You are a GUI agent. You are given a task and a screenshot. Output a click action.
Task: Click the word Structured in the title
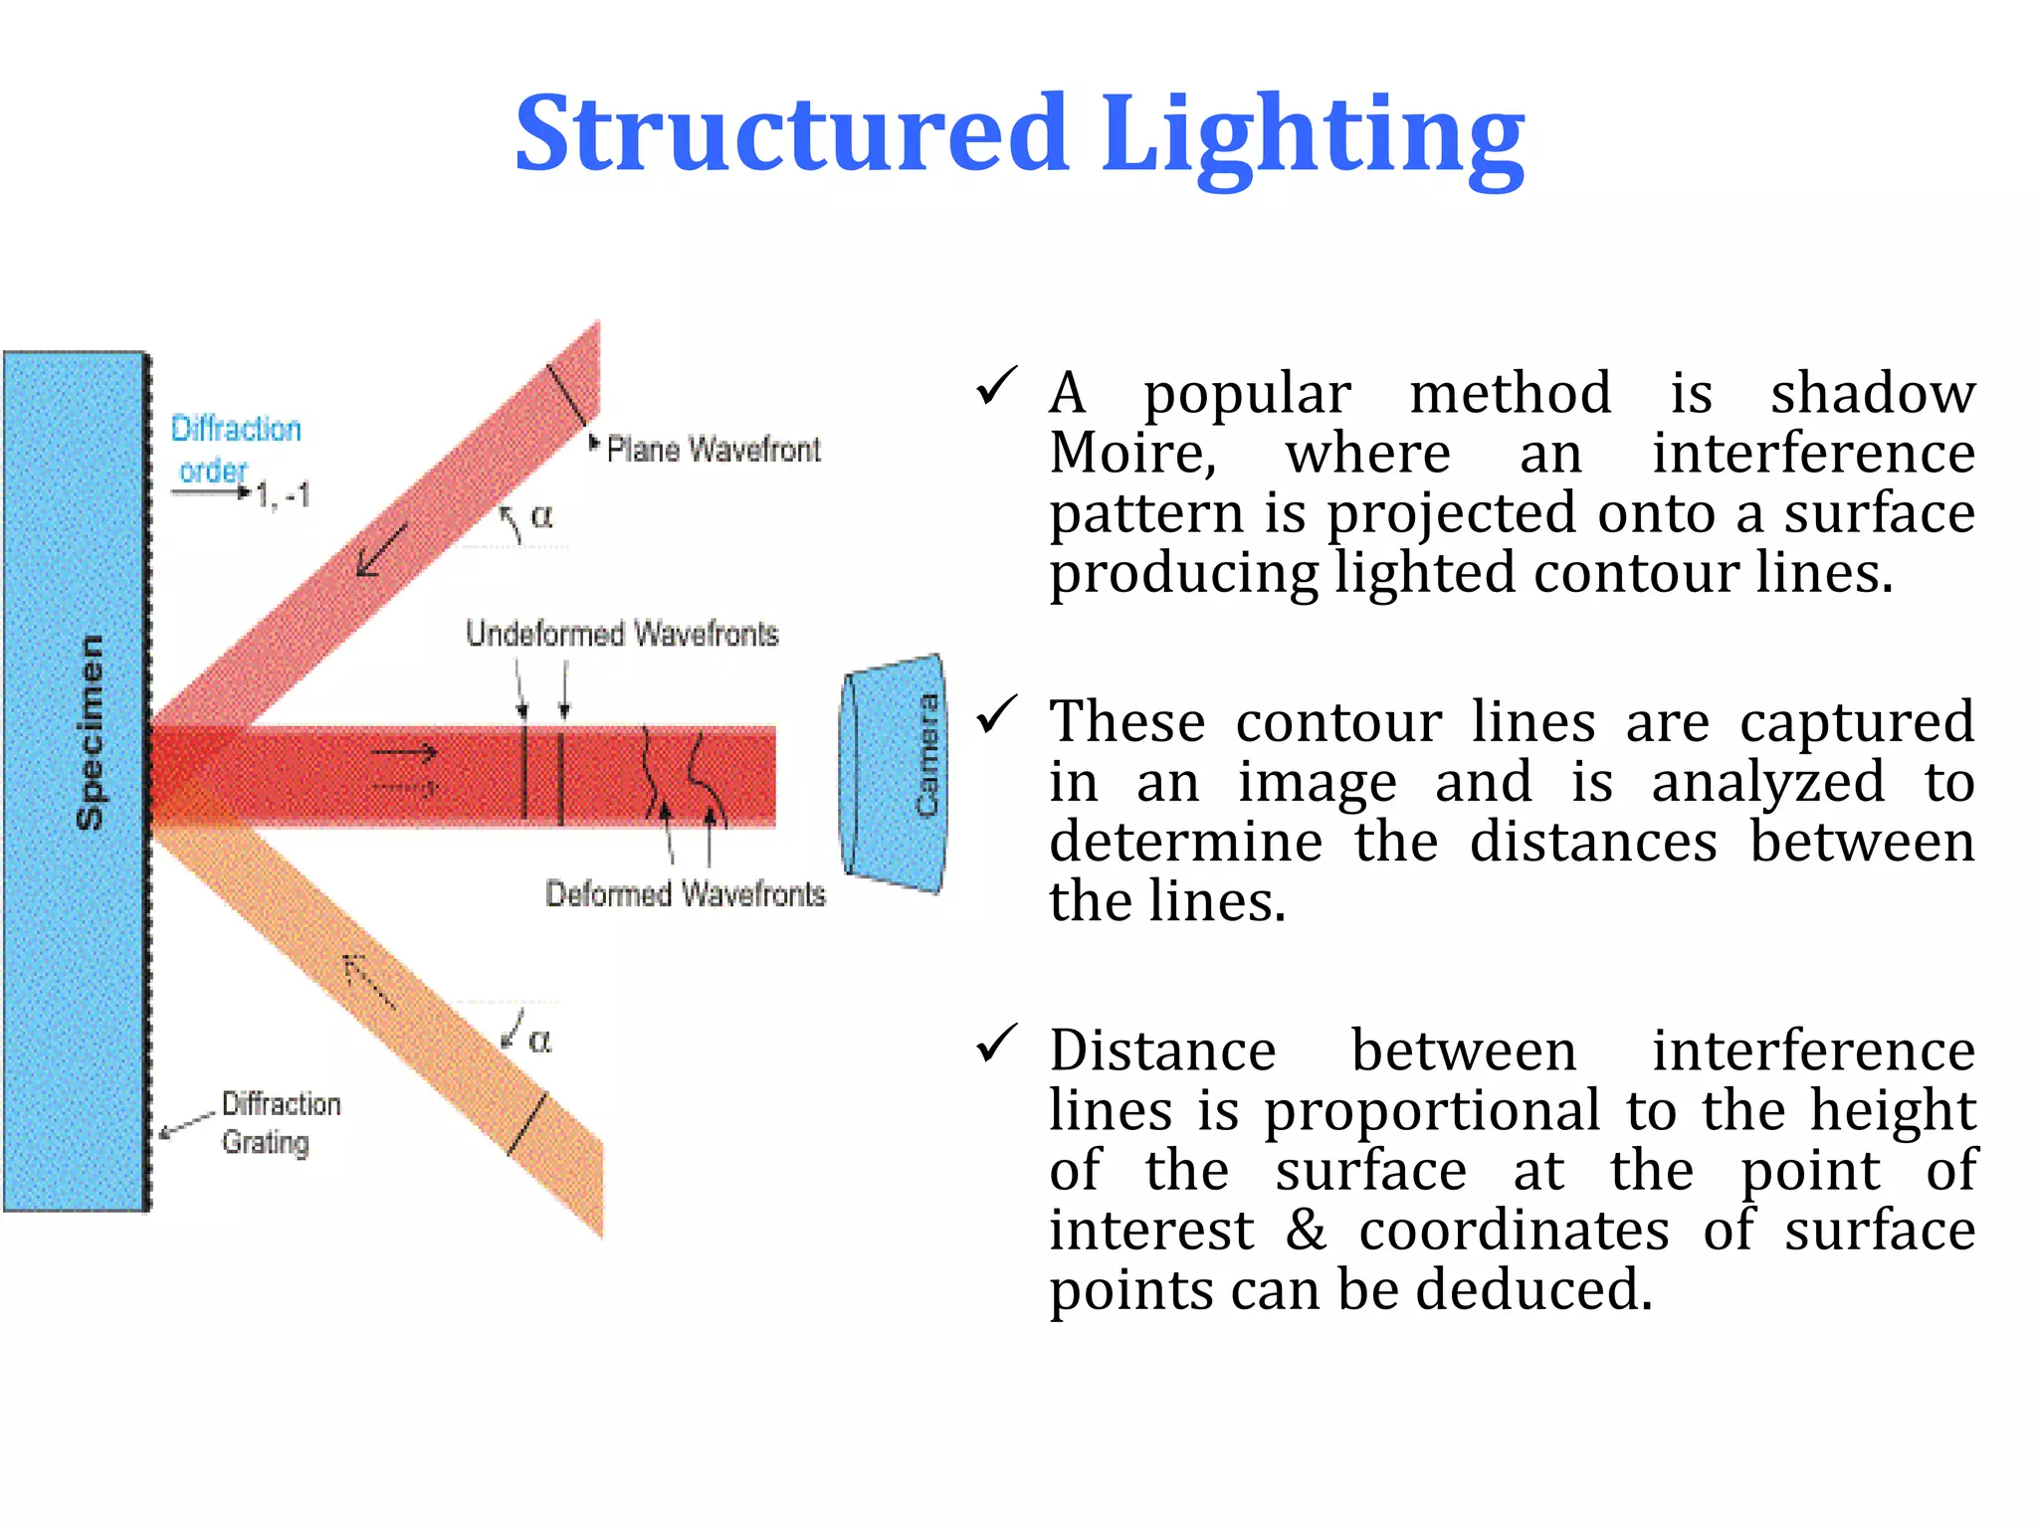pos(791,134)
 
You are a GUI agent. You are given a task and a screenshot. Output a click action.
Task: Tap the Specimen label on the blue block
pos(90,732)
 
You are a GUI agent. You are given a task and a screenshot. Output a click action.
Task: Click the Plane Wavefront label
pos(713,450)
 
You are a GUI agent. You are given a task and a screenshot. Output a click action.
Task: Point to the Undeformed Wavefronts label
pos(622,634)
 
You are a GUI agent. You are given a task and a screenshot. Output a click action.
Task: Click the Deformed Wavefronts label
pos(685,893)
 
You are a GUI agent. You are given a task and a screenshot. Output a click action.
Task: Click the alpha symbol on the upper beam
pos(541,515)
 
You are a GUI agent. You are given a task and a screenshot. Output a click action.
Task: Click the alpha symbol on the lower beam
pos(539,1041)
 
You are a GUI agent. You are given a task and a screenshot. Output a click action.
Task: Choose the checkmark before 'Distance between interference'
pos(996,1044)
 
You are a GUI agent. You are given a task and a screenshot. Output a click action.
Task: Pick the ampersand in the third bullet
pos(1307,1231)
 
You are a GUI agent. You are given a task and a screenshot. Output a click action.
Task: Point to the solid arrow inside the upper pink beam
pos(381,549)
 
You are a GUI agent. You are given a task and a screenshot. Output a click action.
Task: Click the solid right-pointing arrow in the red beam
pos(404,753)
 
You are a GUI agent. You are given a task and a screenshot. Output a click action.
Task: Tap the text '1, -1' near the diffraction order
pos(283,494)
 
